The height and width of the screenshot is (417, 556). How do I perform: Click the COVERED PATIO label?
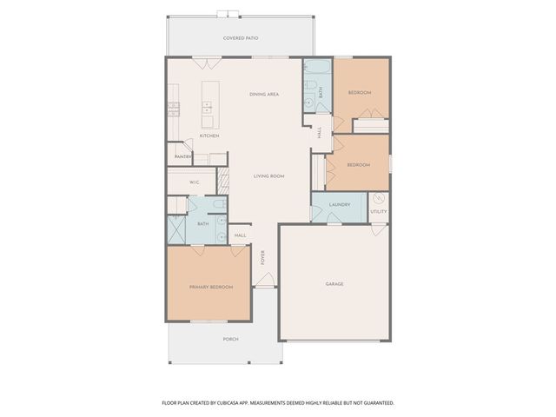click(x=241, y=38)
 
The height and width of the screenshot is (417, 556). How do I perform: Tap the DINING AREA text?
click(x=263, y=94)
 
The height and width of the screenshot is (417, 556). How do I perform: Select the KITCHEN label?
click(x=208, y=136)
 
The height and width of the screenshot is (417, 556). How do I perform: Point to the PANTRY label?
click(x=182, y=156)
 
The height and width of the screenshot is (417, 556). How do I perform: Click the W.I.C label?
click(x=196, y=182)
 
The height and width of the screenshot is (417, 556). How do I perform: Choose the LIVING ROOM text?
click(x=268, y=176)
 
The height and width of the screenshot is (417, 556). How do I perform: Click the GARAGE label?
click(x=334, y=284)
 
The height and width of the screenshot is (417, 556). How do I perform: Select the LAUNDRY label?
click(x=339, y=205)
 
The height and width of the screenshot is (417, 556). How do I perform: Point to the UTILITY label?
click(x=379, y=211)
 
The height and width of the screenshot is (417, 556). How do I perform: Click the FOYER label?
click(x=263, y=257)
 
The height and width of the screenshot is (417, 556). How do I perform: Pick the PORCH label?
click(x=230, y=339)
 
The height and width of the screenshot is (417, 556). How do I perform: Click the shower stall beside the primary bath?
click(x=177, y=229)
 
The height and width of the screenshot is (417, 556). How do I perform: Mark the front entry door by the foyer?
click(x=266, y=281)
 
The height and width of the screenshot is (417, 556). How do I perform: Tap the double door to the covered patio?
click(x=207, y=62)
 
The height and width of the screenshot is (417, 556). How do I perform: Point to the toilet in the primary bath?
click(x=219, y=205)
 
